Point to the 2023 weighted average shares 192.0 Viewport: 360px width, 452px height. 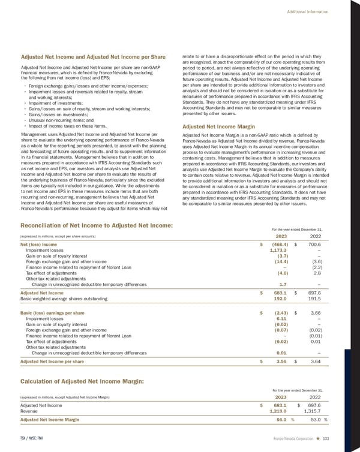(x=283, y=298)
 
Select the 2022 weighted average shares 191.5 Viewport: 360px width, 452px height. (x=315, y=298)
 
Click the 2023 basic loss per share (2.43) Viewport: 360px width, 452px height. (x=283, y=313)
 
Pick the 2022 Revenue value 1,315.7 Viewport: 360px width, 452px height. (x=314, y=411)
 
